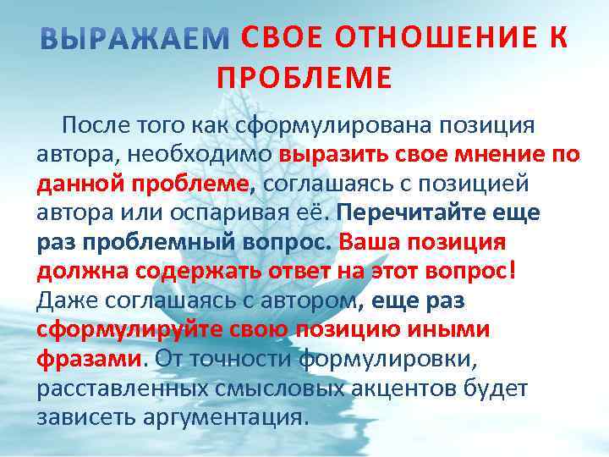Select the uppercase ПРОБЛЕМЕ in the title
pyautogui.click(x=304, y=78)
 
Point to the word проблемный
pyautogui.click(x=139, y=242)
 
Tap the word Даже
pyautogui.click(x=63, y=300)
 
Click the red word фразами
pyautogui.click(x=89, y=359)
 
